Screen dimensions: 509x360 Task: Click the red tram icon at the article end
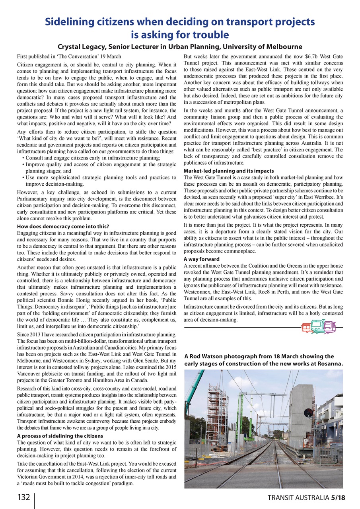307,327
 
